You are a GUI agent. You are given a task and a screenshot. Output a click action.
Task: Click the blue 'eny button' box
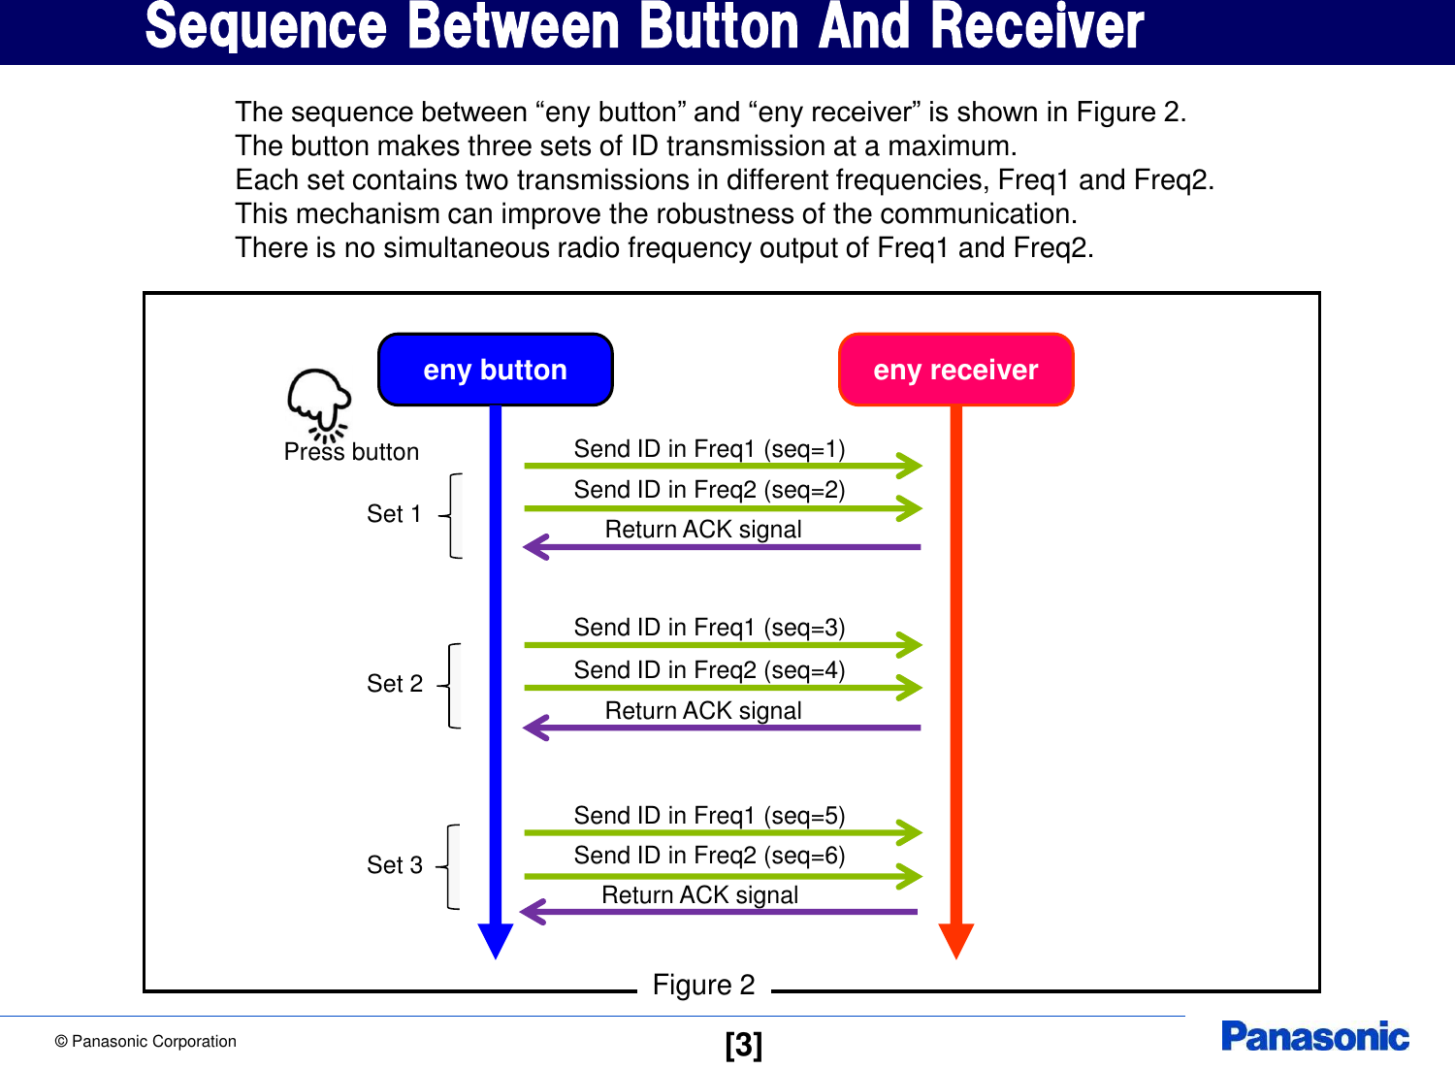[x=495, y=370]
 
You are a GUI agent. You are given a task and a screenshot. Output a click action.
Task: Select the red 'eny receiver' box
[x=955, y=370]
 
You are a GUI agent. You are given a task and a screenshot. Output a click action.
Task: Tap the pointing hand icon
[x=318, y=403]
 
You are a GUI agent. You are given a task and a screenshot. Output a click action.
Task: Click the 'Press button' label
[x=351, y=452]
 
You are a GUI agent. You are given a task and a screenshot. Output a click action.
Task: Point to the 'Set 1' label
[x=394, y=514]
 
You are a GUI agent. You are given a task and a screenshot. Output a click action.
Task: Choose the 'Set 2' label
[x=395, y=684]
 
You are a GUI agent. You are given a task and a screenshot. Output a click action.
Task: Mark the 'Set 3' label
[x=395, y=865]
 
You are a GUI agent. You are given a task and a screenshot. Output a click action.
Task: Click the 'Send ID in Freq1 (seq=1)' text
[x=709, y=449]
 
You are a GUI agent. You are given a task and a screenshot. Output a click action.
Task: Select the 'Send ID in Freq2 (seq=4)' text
[x=709, y=670]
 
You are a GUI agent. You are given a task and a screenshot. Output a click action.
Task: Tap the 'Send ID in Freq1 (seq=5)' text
[x=709, y=816]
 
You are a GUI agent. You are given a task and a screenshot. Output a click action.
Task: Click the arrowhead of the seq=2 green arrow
[x=910, y=508]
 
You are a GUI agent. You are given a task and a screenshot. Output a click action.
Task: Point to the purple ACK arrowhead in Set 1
[x=536, y=547]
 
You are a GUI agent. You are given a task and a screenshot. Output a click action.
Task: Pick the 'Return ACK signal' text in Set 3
[x=699, y=895]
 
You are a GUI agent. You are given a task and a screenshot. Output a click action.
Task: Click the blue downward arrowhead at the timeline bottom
[x=496, y=940]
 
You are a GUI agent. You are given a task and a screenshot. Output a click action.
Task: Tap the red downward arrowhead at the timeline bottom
[x=956, y=940]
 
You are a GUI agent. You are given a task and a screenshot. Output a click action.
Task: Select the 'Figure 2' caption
[x=703, y=986]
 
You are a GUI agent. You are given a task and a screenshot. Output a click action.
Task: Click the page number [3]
[x=743, y=1045]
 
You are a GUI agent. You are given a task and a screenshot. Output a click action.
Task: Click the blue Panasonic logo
[x=1314, y=1037]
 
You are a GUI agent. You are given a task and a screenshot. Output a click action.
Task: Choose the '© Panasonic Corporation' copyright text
[x=145, y=1042]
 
